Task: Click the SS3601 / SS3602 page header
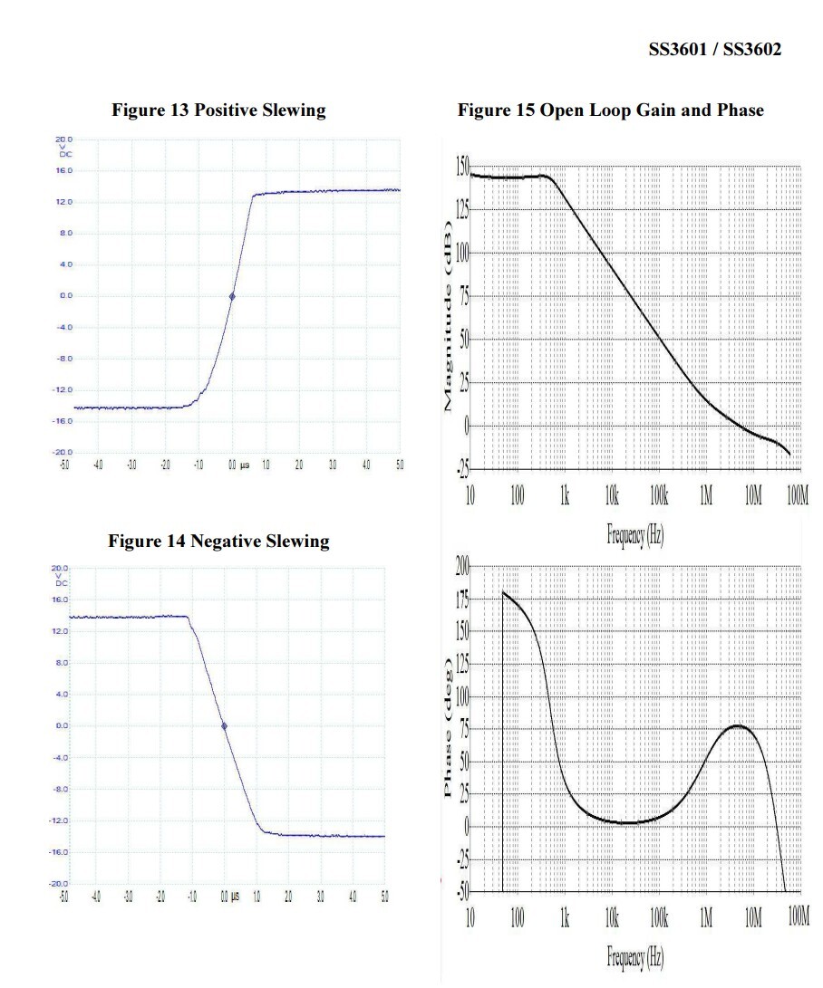coord(714,50)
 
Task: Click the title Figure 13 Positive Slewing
coord(218,110)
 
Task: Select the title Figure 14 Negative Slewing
coord(218,542)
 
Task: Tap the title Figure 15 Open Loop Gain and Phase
coord(611,110)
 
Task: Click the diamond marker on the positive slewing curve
coord(232,296)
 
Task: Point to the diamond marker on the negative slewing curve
coord(224,725)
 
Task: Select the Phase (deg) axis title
coord(449,729)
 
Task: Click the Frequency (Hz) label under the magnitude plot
coord(635,534)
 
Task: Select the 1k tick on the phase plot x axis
coord(565,916)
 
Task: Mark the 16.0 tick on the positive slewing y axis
coord(63,170)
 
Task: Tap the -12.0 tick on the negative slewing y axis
coord(62,820)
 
